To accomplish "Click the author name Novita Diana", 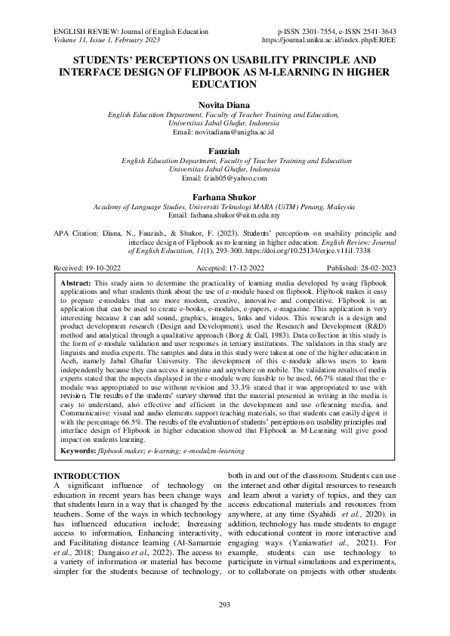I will point(224,103).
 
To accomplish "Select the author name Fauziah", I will point(224,151).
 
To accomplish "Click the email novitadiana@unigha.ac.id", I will point(233,131).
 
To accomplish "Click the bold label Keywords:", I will point(78,450).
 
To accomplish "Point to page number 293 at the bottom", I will point(224,605).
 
